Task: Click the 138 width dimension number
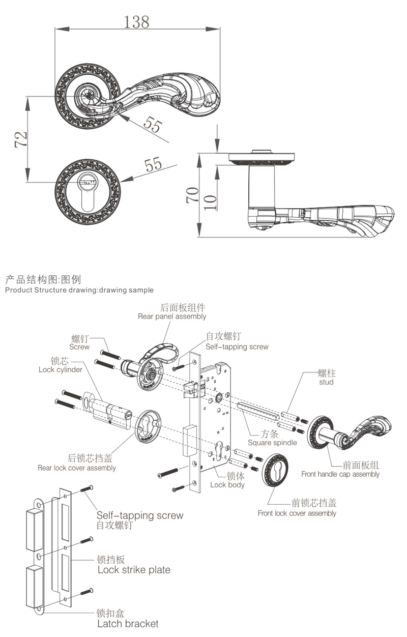pos(137,21)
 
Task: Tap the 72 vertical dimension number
pos(21,139)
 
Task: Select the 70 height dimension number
pos(193,195)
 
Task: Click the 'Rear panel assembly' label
pos(172,316)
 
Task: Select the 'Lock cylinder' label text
pos(60,370)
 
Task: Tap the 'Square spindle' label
pos(272,443)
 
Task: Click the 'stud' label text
pos(326,382)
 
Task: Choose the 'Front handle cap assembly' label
pos(340,474)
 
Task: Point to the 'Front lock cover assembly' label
pos(297,513)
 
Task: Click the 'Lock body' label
pos(227,485)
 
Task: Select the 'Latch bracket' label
pos(128,624)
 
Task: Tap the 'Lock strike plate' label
pos(134,570)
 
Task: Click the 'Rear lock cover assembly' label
pos(77,468)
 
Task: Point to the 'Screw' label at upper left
pos(79,347)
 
